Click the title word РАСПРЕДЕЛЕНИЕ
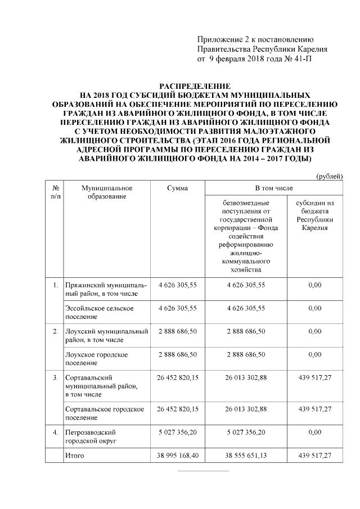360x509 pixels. click(x=195, y=87)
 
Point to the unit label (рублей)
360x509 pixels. click(x=330, y=177)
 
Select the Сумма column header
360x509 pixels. click(x=178, y=188)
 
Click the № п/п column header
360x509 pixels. click(x=56, y=192)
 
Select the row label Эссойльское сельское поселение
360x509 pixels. click(x=99, y=312)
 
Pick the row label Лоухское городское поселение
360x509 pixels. click(x=96, y=358)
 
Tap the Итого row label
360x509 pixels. click(x=74, y=456)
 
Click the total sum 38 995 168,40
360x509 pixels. click(x=178, y=456)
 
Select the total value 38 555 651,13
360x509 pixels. click(x=246, y=456)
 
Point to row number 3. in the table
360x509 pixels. click(x=56, y=377)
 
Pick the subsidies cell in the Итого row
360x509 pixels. click(x=315, y=456)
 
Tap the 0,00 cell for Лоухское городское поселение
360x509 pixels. click(x=315, y=354)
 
